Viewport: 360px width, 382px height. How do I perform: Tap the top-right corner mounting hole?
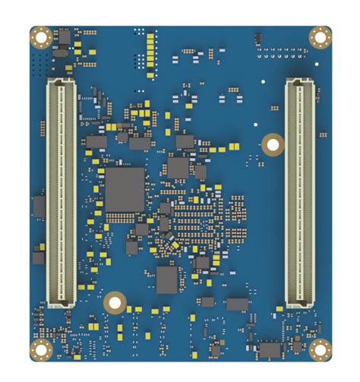coord(320,36)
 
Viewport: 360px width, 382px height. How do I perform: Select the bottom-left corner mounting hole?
coord(41,350)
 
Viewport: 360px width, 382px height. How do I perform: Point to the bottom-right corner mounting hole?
coord(320,349)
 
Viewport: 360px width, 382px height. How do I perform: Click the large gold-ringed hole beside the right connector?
coord(272,144)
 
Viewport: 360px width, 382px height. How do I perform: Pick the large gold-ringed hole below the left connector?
coord(115,302)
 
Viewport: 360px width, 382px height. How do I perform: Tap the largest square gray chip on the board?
coord(125,190)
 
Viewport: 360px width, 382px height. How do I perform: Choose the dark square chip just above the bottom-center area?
coord(168,279)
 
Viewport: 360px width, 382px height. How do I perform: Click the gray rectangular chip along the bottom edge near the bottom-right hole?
coord(270,350)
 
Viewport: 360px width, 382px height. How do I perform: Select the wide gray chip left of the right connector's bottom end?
coord(237,305)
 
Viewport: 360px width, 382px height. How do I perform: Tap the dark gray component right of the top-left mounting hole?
coord(63,37)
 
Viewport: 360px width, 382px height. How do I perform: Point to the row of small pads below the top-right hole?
coord(283,54)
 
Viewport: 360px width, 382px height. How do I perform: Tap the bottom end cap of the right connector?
coord(299,305)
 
